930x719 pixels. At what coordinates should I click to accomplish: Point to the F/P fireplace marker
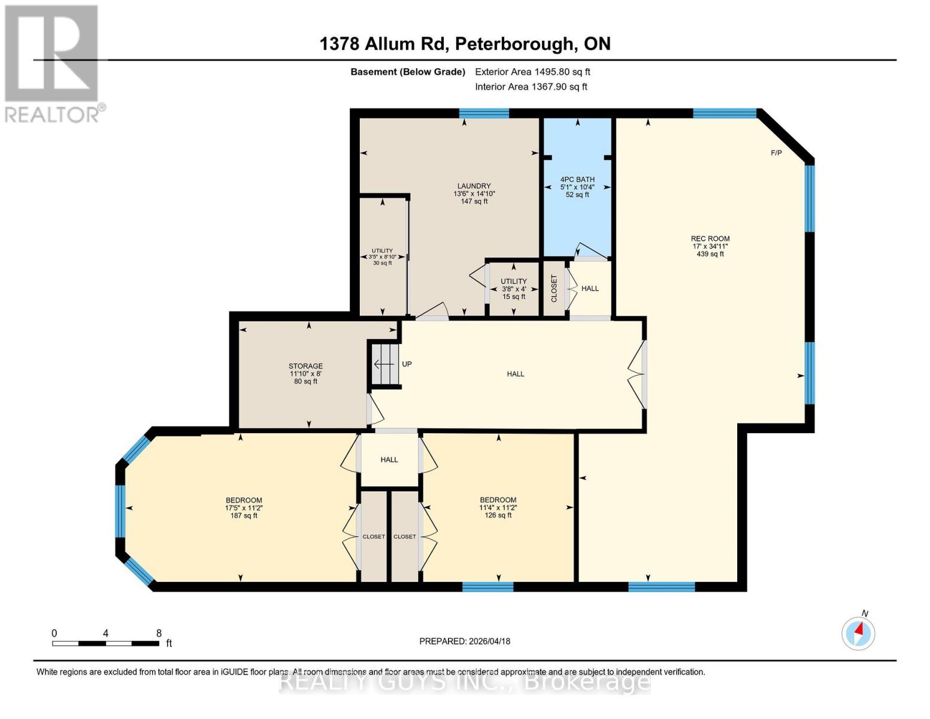(776, 153)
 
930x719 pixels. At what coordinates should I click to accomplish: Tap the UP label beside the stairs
(407, 364)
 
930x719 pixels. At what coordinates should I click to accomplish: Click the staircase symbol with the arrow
(384, 364)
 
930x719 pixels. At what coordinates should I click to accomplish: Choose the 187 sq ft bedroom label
(244, 507)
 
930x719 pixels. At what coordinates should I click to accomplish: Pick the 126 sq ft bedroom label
(498, 507)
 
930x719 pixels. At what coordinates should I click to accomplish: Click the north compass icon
(858, 633)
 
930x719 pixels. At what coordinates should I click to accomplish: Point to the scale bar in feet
(106, 643)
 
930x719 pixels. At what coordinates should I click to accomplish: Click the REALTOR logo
(52, 63)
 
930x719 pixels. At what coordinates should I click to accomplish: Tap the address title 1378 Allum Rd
(465, 44)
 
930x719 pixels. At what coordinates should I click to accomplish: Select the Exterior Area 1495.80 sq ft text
(532, 72)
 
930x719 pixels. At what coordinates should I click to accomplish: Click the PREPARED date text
(465, 641)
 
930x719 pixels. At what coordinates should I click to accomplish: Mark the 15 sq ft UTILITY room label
(514, 289)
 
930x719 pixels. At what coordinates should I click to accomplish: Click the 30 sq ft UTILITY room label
(382, 257)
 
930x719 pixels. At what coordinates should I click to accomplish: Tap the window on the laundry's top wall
(484, 113)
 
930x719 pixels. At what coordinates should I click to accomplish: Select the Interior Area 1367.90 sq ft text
(531, 87)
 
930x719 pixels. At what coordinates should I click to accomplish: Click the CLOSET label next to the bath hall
(554, 288)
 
